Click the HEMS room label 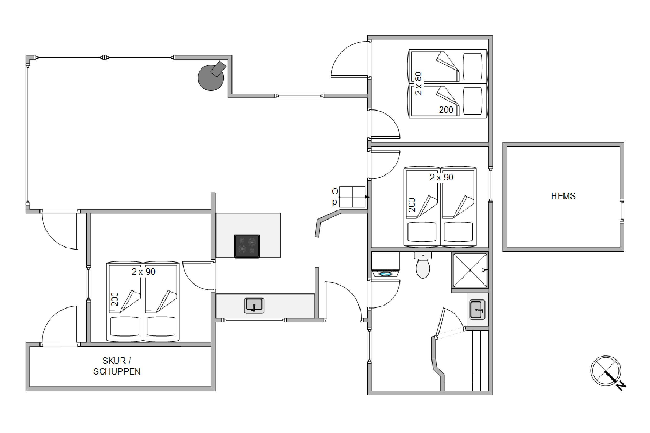[x=563, y=196]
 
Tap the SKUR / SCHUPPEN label [x=116, y=366]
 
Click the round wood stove [x=211, y=76]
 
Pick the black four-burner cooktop [x=247, y=246]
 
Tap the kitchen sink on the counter [x=254, y=306]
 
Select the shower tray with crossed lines [x=470, y=270]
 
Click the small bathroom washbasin [x=478, y=310]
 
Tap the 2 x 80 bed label [x=418, y=83]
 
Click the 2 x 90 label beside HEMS [x=441, y=177]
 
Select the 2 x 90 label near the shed [x=143, y=272]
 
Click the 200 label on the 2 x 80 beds [x=446, y=110]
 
